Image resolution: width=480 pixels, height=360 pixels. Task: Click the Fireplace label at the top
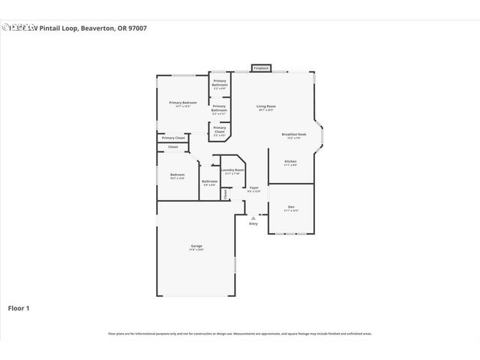(260, 68)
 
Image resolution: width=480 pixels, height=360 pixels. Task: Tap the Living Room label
(266, 106)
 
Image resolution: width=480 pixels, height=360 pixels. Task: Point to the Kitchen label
(290, 160)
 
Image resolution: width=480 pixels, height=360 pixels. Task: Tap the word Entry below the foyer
(253, 223)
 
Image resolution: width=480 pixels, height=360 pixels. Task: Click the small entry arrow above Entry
(253, 217)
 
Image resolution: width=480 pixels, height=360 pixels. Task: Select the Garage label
(196, 246)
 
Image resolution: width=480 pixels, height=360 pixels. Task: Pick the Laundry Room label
(232, 169)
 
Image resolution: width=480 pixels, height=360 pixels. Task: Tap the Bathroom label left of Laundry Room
(209, 181)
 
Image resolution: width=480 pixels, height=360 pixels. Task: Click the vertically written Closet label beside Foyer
(225, 193)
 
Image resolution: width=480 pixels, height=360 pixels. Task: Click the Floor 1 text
(19, 307)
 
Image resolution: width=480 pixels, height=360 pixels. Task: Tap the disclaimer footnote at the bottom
(240, 334)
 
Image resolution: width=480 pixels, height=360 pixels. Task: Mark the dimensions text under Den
(291, 211)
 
